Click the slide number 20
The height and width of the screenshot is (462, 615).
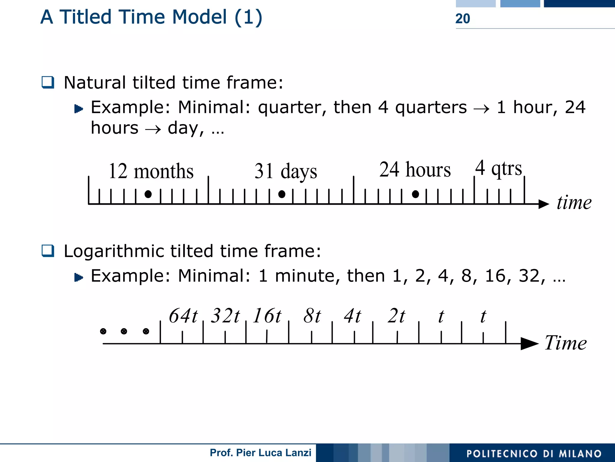pos(462,19)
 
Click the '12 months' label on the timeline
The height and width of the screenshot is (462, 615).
pos(151,171)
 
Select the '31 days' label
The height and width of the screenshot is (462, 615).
pos(286,171)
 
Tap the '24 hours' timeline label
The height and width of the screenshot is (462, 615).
pos(415,170)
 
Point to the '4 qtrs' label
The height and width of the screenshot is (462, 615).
pos(498,168)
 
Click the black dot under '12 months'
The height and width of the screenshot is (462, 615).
pos(148,194)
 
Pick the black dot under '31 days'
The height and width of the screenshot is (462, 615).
pos(282,194)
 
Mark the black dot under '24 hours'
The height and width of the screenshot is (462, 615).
pos(415,194)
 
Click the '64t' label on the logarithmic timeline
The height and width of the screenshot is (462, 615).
pos(183,316)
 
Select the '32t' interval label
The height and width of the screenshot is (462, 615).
pos(225,316)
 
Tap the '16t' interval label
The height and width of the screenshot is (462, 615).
pos(267,316)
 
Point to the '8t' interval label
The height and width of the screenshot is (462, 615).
pos(312,316)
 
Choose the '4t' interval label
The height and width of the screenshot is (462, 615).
pos(353,316)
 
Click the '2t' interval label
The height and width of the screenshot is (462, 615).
pos(396,316)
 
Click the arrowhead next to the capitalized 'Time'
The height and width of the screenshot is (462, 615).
pos(529,344)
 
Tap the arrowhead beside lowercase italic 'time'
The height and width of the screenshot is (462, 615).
pos(544,204)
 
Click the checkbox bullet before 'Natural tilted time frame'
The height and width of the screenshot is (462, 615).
pos(48,82)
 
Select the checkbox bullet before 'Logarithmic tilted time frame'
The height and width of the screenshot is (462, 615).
pos(48,251)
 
